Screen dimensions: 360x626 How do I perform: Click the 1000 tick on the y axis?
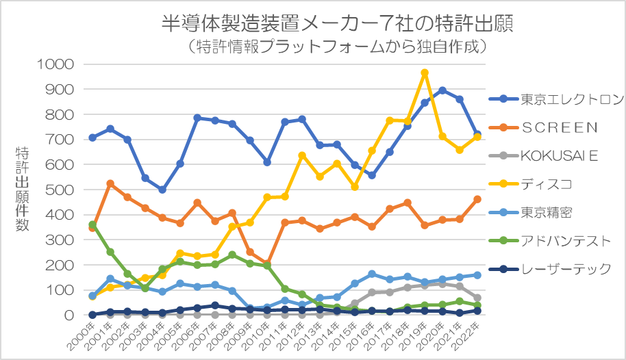point(58,64)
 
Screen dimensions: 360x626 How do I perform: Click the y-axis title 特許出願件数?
point(22,189)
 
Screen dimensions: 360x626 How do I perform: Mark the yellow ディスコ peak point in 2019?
point(425,73)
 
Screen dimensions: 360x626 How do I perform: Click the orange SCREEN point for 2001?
point(110,184)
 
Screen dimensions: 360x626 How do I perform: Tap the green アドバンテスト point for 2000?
point(92,224)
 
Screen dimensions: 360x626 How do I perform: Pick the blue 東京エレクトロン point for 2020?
point(442,90)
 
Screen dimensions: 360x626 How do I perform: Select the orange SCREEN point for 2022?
point(477,199)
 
